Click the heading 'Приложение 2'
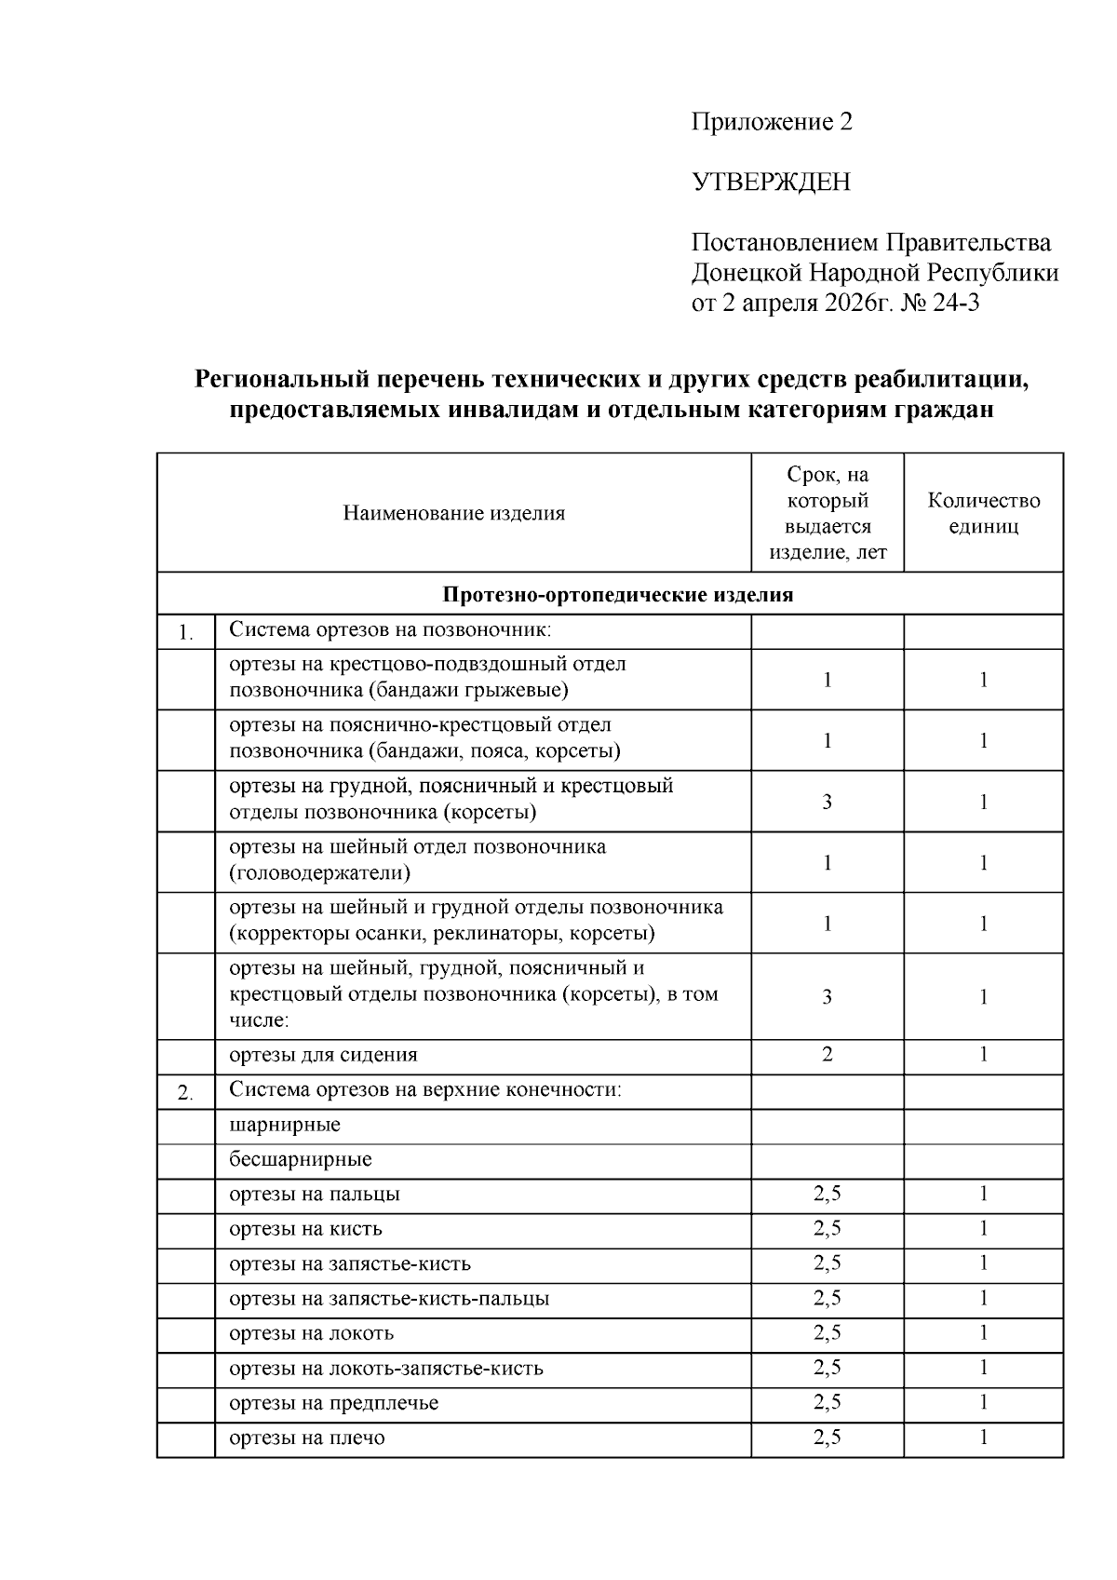771,122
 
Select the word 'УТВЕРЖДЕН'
771,182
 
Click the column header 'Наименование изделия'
453,513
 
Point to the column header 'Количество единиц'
983,513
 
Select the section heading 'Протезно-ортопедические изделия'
617,595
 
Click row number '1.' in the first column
186,635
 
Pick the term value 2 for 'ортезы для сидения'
827,1055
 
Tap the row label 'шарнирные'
285,1125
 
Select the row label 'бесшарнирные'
301,1160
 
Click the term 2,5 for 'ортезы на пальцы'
827,1195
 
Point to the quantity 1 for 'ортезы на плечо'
983,1438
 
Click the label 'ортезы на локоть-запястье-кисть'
386,1369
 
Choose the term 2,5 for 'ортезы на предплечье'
827,1403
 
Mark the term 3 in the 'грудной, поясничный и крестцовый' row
827,801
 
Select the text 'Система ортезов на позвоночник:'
390,630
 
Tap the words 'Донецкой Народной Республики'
874,274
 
